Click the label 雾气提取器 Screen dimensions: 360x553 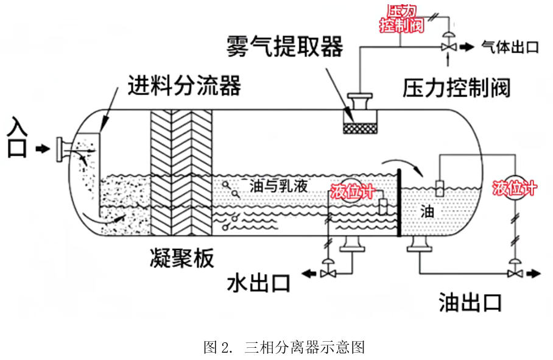(284, 46)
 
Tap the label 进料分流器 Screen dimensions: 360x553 (184, 86)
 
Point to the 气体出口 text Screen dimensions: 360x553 (510, 47)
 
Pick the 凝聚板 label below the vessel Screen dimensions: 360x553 (181, 258)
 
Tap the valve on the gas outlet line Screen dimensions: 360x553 (449, 46)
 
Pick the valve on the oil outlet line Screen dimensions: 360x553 (515, 274)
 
